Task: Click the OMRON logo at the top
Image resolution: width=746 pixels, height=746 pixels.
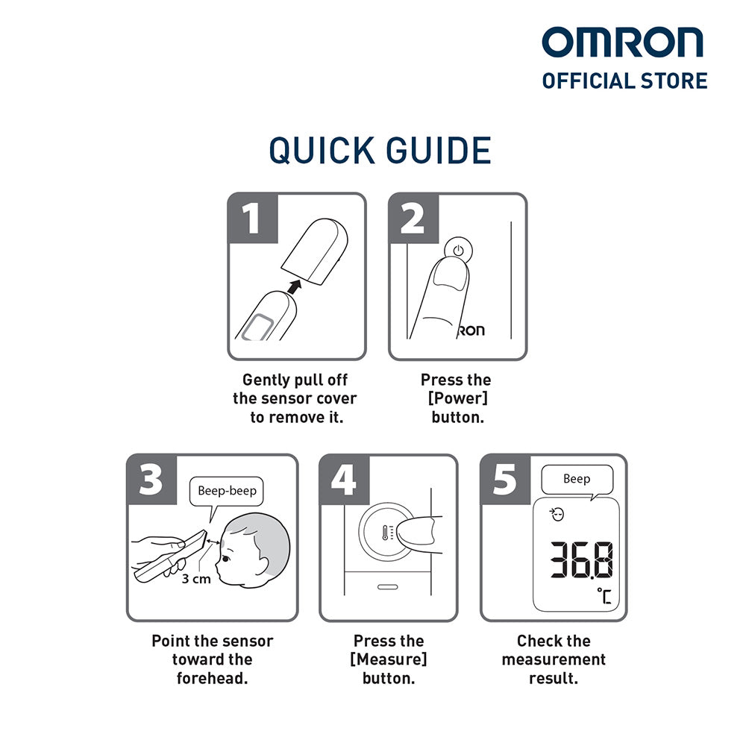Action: tap(622, 43)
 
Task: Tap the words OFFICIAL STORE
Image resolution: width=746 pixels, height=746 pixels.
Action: tap(624, 81)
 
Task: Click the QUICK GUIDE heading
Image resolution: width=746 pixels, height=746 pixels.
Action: tap(380, 151)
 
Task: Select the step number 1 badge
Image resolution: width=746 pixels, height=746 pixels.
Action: tap(252, 219)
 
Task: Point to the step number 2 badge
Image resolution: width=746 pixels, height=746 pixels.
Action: tap(413, 219)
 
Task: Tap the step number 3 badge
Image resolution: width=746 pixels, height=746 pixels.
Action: tap(151, 480)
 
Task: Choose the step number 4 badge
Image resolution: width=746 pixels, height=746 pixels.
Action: tap(345, 480)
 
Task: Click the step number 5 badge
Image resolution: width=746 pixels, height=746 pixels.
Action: tap(505, 480)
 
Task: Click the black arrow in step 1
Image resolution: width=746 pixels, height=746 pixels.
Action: tap(295, 286)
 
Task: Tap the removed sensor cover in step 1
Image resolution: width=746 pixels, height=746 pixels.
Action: tap(315, 251)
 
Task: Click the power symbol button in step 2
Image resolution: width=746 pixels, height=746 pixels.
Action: tap(459, 250)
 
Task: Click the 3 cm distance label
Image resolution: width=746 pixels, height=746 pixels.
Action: tap(196, 579)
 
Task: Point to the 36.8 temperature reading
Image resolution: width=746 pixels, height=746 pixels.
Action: tap(581, 559)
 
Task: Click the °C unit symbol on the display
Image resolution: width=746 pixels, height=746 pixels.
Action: tap(604, 596)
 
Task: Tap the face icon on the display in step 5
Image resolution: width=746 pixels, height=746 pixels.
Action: tap(557, 514)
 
